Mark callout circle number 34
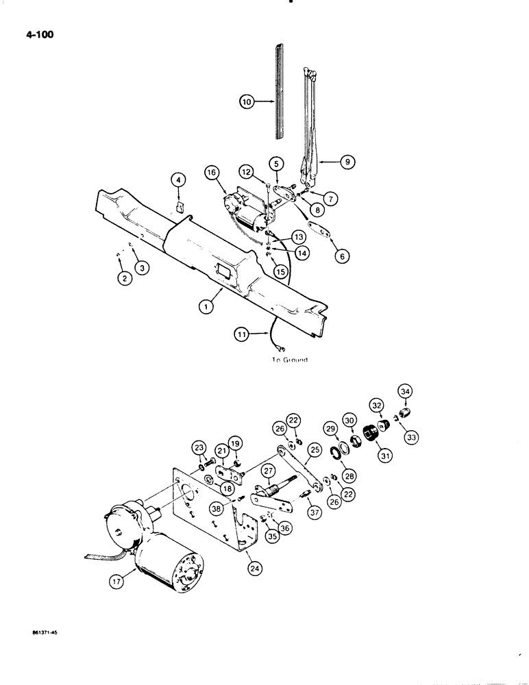405,391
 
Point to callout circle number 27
267,470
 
